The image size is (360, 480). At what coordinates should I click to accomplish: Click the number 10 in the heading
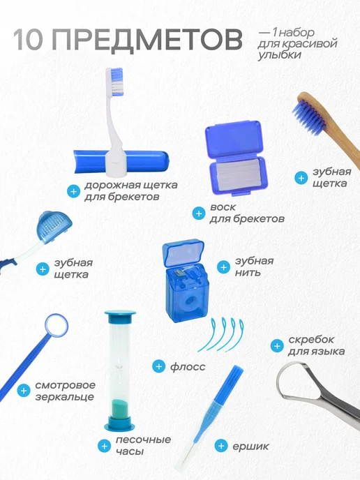click(27, 39)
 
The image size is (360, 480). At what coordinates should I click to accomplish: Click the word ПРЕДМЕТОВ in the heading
click(147, 39)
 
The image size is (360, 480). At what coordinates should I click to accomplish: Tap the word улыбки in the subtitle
click(279, 55)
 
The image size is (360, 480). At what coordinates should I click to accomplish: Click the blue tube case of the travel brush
click(121, 162)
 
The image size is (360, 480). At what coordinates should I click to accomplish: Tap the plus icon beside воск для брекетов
click(199, 213)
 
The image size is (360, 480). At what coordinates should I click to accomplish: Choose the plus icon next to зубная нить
click(223, 267)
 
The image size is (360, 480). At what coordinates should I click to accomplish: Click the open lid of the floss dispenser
click(183, 254)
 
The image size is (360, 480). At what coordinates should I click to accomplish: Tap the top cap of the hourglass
click(120, 316)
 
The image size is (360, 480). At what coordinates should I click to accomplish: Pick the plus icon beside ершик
click(220, 446)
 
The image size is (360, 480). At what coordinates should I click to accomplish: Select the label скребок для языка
click(316, 345)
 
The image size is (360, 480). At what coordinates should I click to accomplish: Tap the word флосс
click(188, 367)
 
